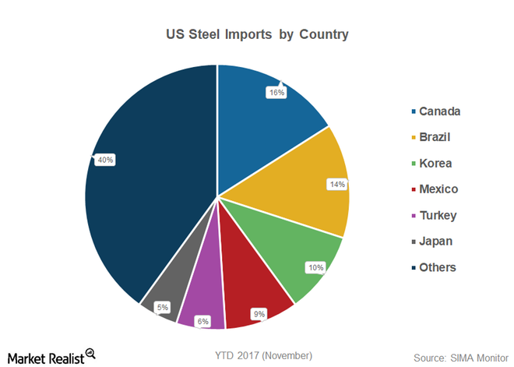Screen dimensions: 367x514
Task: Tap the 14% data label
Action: (336, 185)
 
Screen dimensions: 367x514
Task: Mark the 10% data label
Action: (316, 267)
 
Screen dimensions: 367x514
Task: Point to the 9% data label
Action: (259, 314)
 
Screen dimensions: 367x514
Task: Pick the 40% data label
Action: (105, 160)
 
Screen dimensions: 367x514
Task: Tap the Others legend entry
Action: (437, 267)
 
